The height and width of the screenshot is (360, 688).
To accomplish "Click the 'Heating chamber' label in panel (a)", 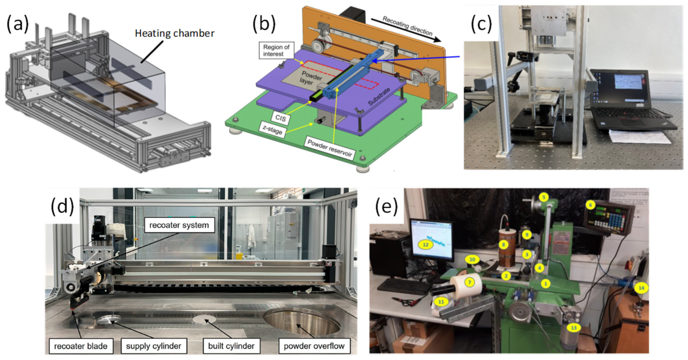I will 174,33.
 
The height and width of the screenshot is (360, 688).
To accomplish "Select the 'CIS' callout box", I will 280,118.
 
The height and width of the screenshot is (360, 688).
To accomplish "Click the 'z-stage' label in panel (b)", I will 272,131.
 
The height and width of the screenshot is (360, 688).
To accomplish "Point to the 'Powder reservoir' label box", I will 329,149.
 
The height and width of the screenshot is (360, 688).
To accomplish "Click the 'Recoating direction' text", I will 407,26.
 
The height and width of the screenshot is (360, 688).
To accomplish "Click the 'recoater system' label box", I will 179,225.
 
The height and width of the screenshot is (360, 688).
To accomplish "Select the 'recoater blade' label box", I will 81,346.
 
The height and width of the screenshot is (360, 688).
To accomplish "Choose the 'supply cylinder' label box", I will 154,346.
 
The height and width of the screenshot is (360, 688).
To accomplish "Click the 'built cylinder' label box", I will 231,346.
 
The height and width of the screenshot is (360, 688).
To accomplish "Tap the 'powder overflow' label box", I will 314,346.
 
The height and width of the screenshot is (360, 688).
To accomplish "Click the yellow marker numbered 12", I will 425,244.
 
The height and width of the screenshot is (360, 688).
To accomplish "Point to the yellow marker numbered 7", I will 469,282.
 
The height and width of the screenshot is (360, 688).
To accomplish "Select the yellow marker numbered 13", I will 574,328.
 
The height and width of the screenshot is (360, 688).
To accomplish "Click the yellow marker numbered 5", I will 543,197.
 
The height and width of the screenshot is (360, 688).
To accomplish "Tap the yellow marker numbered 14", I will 641,288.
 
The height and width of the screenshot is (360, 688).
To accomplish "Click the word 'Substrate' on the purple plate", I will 379,97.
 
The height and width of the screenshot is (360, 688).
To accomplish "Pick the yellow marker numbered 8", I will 503,245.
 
